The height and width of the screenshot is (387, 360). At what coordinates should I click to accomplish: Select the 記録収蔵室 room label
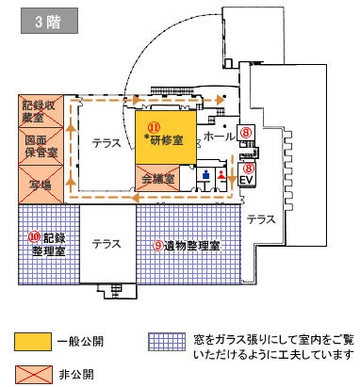pos(40,111)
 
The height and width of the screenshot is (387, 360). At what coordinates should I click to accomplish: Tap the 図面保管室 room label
pos(40,145)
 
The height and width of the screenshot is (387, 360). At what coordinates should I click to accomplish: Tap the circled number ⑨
pos(157,245)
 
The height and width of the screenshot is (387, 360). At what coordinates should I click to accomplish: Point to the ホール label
pos(219,137)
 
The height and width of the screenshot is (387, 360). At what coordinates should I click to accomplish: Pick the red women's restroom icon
pos(223,176)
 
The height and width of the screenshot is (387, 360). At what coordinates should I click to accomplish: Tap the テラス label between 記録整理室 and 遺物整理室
pos(106,244)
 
